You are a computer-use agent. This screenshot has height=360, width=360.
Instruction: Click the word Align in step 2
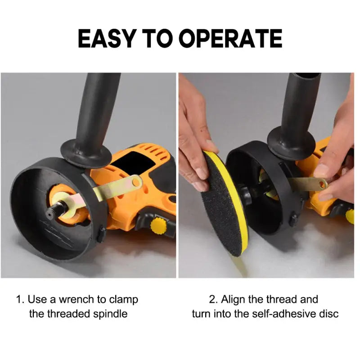(234, 300)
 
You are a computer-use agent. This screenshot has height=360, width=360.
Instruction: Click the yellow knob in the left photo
(158, 225)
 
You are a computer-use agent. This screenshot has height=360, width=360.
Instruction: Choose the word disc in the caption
(329, 314)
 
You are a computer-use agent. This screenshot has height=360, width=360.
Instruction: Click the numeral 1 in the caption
(19, 300)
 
